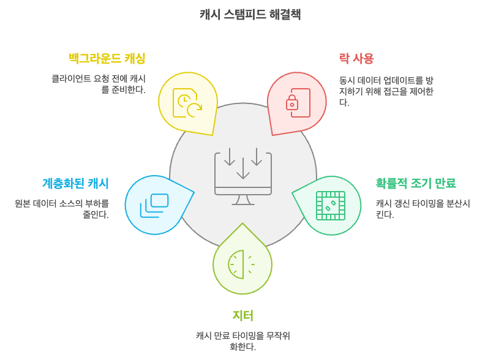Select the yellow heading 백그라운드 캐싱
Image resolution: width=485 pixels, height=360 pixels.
click(x=107, y=58)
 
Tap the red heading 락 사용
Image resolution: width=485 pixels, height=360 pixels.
click(x=356, y=58)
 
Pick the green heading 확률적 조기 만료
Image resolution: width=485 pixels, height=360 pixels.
click(x=416, y=183)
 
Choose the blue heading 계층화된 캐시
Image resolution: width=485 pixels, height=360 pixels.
click(x=75, y=183)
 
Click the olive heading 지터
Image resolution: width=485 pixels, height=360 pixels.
click(x=242, y=315)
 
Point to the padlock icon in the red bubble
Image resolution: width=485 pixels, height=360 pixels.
click(x=292, y=102)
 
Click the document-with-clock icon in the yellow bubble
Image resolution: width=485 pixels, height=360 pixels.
click(x=186, y=102)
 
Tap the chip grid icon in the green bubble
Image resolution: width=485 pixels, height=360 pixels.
click(x=330, y=205)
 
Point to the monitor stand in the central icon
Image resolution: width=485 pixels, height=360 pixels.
click(x=242, y=200)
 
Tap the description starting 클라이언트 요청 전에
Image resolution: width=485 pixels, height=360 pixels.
click(x=98, y=84)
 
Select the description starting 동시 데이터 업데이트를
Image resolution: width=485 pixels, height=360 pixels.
click(x=386, y=91)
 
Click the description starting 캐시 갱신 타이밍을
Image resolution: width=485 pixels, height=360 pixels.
click(x=423, y=209)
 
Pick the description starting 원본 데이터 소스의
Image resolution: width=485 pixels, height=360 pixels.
click(x=62, y=209)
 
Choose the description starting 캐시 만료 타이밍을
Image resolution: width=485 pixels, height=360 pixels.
click(x=242, y=341)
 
